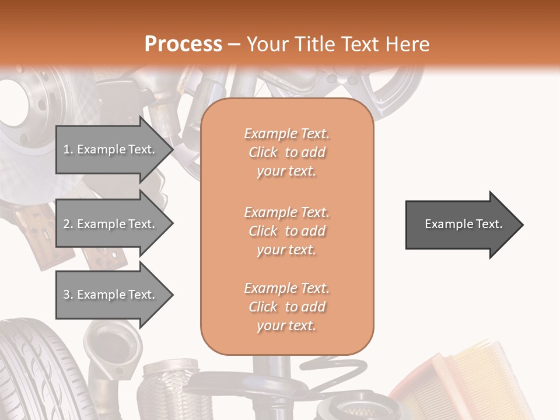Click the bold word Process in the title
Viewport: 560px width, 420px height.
tap(183, 44)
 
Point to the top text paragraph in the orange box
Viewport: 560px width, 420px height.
tap(286, 152)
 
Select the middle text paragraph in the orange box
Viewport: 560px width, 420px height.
tap(286, 231)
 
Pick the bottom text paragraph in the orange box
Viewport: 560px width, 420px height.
tap(286, 307)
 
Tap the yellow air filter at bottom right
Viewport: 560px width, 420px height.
tap(478, 379)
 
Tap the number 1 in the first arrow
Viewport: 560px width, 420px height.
tap(66, 149)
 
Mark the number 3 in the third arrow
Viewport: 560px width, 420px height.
tap(66, 295)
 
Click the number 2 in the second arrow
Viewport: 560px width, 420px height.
tap(66, 224)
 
